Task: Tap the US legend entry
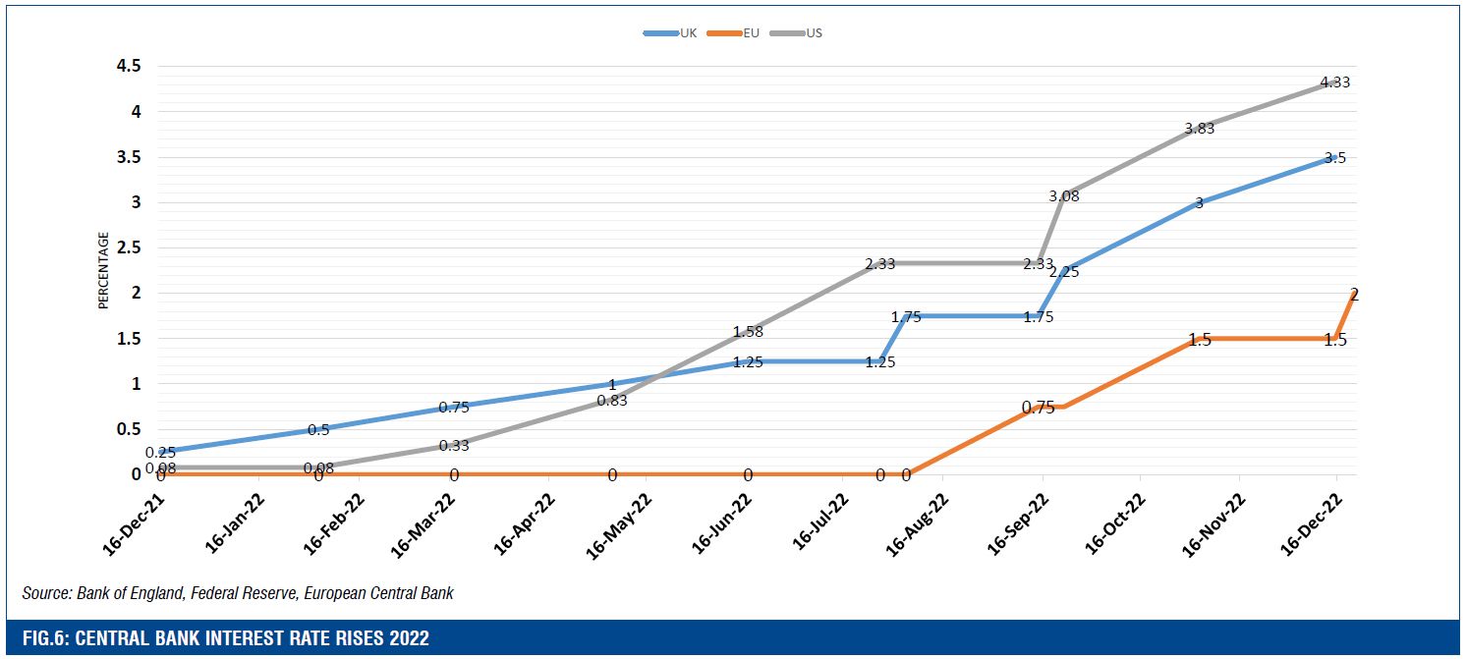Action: click(814, 32)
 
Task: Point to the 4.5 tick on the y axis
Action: click(129, 67)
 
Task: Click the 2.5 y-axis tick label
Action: click(129, 247)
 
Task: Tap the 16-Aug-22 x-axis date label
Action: click(918, 523)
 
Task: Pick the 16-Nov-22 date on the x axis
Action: click(1214, 523)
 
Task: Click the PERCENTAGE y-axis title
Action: click(103, 270)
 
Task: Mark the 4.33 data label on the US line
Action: click(1334, 82)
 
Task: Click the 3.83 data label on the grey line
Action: click(1199, 128)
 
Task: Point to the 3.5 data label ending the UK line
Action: click(1334, 157)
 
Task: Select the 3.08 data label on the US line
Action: click(1064, 196)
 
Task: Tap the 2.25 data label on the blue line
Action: click(1064, 272)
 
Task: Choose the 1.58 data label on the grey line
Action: click(748, 332)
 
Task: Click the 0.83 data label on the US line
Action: click(611, 400)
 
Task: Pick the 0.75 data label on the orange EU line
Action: click(1038, 408)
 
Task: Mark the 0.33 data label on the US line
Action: click(454, 445)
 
